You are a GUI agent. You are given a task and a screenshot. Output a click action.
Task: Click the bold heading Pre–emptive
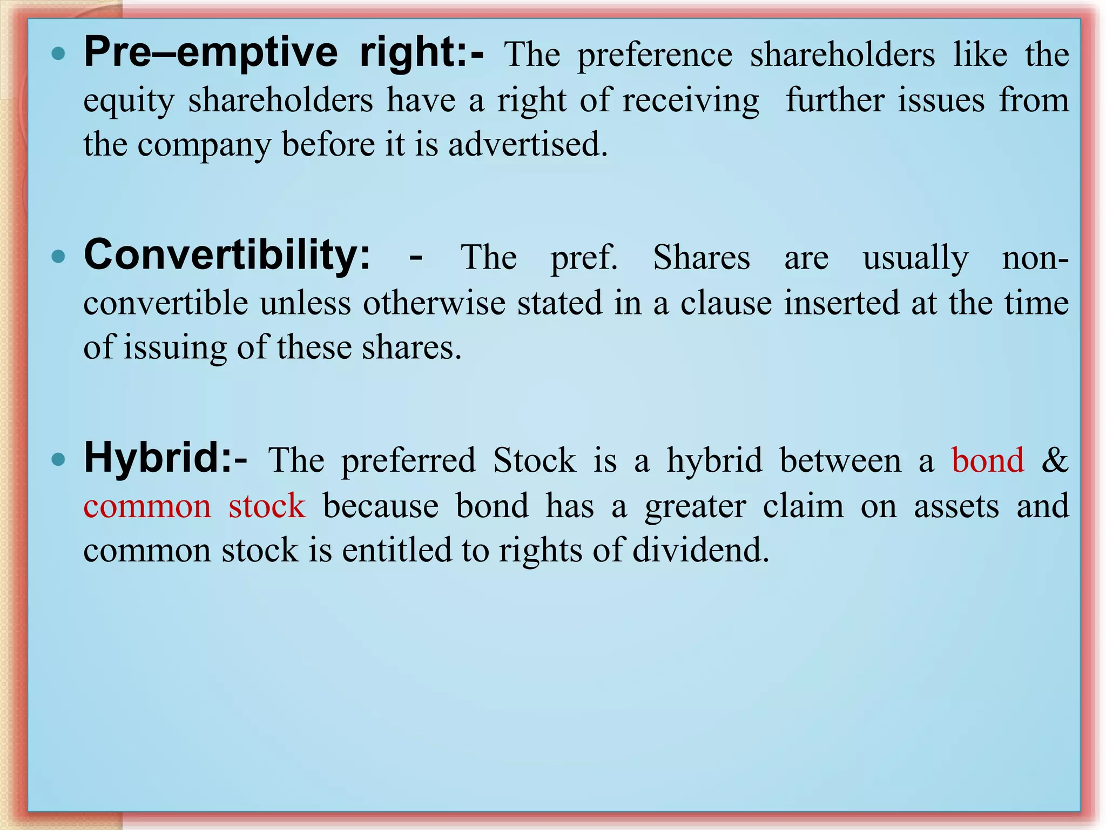click(x=211, y=53)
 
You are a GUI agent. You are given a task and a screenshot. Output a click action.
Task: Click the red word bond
click(x=987, y=460)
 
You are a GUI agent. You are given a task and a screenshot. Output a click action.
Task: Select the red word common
click(x=147, y=506)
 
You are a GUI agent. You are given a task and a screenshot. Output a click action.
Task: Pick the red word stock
click(x=267, y=506)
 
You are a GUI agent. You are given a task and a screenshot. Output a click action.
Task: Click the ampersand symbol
click(x=1054, y=460)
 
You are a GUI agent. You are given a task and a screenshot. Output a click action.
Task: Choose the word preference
click(x=655, y=55)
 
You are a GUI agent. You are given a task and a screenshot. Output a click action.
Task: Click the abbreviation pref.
click(x=583, y=258)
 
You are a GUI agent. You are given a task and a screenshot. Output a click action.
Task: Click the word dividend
click(x=700, y=550)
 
